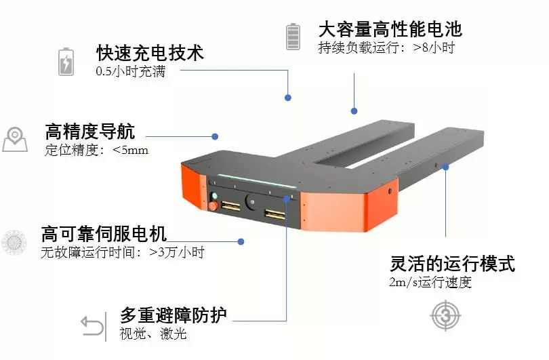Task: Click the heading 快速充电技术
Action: pos(150,54)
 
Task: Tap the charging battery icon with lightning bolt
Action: pos(66,62)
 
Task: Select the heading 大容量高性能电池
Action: pos(390,29)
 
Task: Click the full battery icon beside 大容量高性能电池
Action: pos(293,37)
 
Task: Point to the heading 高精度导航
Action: pos(90,132)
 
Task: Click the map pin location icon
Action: pos(15,140)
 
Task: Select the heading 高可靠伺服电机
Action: pos(104,234)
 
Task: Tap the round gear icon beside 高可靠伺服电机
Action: pos(14,242)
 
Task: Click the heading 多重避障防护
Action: pos(174,315)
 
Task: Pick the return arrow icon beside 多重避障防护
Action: pos(92,325)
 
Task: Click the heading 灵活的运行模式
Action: pos(452,264)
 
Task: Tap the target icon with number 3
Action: pos(445,316)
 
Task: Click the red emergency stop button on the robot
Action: pos(213,206)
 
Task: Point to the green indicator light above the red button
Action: pos(215,196)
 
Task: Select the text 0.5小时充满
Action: pos(131,71)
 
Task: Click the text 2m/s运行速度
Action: pos(430,282)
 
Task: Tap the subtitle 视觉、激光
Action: pos(153,334)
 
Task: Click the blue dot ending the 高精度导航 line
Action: pos(215,136)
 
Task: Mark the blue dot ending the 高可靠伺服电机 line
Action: pos(241,241)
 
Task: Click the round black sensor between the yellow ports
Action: pos(251,202)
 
